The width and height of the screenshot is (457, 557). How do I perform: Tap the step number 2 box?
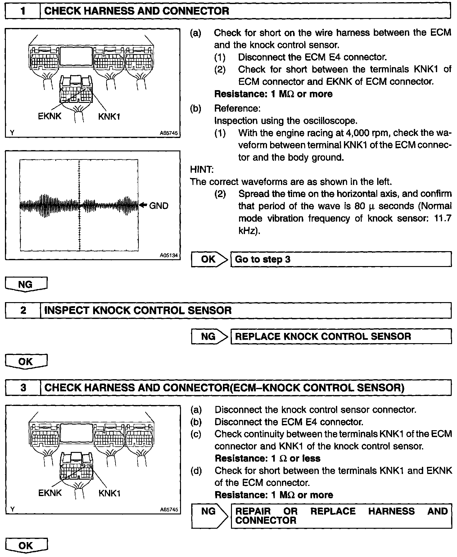pyautogui.click(x=23, y=310)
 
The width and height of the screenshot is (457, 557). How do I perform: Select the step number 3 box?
pyautogui.click(x=23, y=387)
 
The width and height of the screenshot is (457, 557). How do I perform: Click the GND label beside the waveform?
pyautogui.click(x=159, y=205)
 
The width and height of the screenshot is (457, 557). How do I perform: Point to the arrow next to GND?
pyautogui.click(x=143, y=205)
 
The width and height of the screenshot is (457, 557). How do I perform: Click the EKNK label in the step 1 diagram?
pyautogui.click(x=50, y=116)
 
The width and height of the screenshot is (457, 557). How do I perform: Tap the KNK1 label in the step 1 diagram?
pyautogui.click(x=109, y=117)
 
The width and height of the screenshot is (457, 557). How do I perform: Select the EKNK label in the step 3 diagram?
pyautogui.click(x=50, y=493)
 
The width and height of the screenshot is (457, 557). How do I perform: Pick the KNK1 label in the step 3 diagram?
pyautogui.click(x=109, y=493)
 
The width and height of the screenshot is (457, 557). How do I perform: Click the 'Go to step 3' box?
pyautogui.click(x=341, y=259)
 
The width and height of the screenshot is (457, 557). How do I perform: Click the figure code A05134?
pyautogui.click(x=169, y=255)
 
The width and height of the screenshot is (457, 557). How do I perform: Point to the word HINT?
pyautogui.click(x=201, y=169)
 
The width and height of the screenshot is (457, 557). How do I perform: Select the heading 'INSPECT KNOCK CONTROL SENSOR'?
pyautogui.click(x=138, y=310)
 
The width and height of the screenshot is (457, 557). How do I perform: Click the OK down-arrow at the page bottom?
pyautogui.click(x=26, y=545)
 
